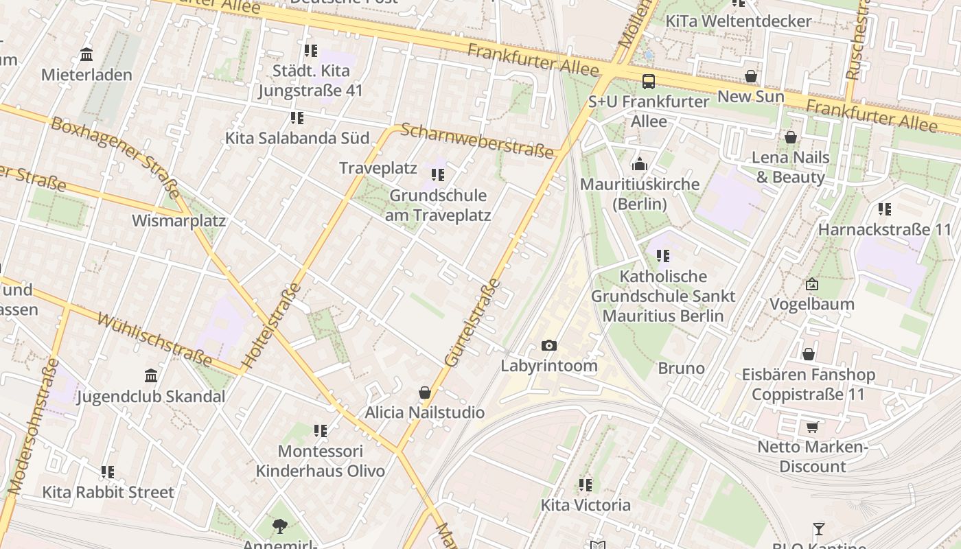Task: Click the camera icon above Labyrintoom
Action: [548, 345]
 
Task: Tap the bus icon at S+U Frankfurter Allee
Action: [648, 82]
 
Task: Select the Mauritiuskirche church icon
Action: [640, 164]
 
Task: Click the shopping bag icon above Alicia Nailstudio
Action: [425, 393]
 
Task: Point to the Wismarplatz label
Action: [178, 221]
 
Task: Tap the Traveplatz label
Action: [378, 168]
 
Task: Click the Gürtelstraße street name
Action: [472, 322]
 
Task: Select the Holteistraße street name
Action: [271, 325]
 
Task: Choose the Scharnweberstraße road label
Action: [477, 140]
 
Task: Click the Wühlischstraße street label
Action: [154, 340]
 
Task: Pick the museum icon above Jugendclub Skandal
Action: [151, 376]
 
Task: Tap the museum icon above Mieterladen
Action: [86, 54]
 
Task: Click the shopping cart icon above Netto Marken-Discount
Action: [812, 428]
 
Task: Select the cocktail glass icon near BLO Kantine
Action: [818, 529]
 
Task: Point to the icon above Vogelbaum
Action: [812, 284]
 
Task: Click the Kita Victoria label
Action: [586, 505]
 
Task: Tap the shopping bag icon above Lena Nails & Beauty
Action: [791, 137]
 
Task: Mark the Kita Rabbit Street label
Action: [108, 492]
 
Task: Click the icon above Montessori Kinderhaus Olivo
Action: [321, 431]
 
